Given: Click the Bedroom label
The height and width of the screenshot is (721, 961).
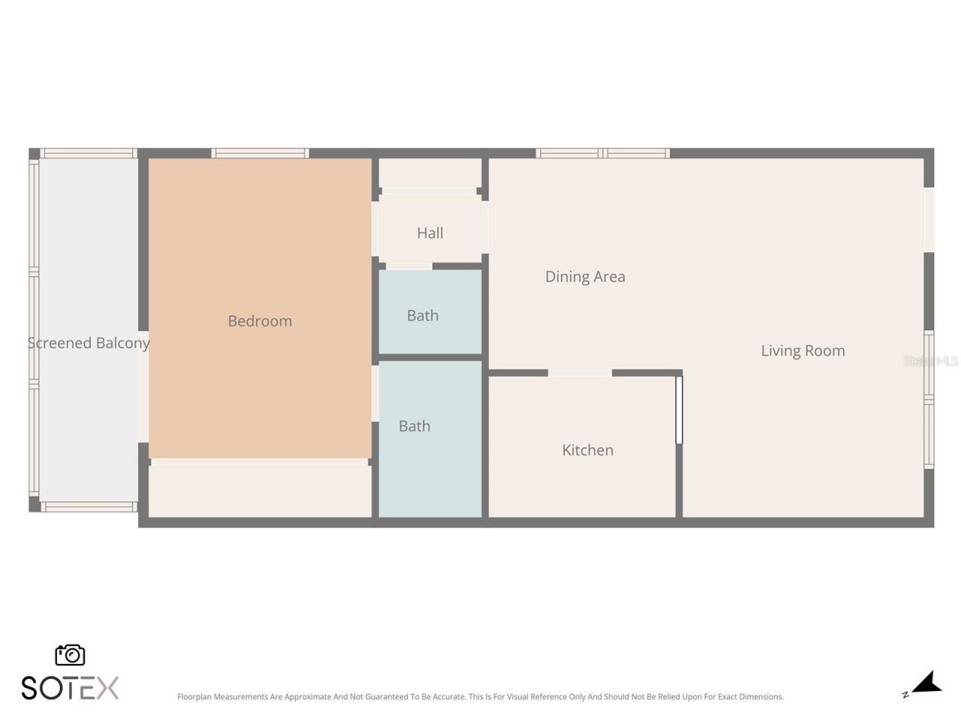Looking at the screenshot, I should [x=260, y=321].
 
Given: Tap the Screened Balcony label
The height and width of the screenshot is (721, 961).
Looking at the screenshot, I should [x=89, y=343].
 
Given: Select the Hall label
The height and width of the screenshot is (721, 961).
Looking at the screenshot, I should [x=430, y=234].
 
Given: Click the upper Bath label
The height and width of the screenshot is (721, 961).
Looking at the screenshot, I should [x=423, y=316].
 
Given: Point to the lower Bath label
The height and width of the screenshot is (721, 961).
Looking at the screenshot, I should [x=414, y=427].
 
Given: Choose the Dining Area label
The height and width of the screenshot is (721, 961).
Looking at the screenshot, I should [x=585, y=277].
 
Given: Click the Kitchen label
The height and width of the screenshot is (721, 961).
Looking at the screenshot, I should [x=588, y=451].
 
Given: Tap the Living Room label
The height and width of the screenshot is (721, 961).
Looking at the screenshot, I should [x=803, y=351].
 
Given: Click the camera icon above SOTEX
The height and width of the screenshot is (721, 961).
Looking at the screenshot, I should [x=70, y=655].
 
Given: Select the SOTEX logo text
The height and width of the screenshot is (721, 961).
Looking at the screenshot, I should [x=70, y=688].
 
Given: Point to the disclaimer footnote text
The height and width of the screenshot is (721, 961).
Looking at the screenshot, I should [x=480, y=697].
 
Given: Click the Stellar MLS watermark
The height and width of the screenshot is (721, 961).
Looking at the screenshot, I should [x=930, y=361].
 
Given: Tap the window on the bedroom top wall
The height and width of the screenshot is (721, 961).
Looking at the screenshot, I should [x=260, y=153].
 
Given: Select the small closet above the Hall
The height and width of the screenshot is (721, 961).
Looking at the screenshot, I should [x=429, y=173].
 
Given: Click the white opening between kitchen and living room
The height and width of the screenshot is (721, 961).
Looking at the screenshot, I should [x=679, y=409].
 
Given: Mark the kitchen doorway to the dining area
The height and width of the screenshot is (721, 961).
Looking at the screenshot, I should [x=580, y=373].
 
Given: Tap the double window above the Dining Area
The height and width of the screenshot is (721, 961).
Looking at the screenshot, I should [x=603, y=153].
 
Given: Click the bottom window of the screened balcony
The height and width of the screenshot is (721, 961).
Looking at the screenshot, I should [x=89, y=507].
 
